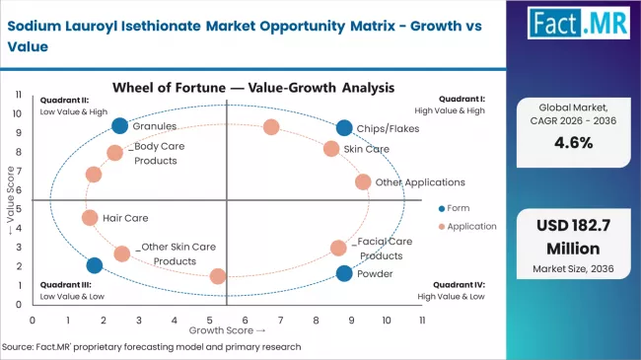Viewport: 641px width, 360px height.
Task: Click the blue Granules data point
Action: coord(120,125)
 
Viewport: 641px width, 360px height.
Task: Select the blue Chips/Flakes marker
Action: coord(343,127)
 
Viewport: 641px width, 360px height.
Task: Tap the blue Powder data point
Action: coord(343,273)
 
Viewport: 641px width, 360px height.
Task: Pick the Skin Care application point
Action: coord(331,149)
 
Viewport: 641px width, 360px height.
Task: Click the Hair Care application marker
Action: coord(90,218)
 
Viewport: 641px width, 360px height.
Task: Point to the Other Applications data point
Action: coord(363,182)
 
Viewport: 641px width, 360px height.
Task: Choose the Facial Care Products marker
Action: coord(338,248)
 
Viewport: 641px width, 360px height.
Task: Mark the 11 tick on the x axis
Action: coord(422,321)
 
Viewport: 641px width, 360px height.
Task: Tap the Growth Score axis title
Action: coord(226,330)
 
